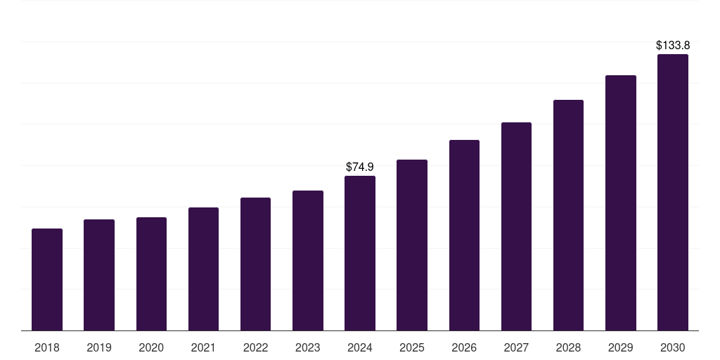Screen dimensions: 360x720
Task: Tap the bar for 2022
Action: coord(255,264)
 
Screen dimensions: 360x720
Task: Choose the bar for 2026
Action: coord(464,236)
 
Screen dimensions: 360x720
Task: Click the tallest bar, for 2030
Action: coord(672,193)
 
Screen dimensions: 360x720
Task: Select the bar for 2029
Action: coord(620,203)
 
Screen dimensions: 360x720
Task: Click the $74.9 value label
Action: coord(360,167)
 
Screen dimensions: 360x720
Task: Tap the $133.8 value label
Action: coord(672,46)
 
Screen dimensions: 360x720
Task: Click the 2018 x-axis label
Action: coord(47,347)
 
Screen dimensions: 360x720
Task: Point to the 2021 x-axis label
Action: coord(203,347)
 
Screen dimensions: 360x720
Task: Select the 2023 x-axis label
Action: coord(307,347)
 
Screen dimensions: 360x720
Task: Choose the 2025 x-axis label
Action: coord(412,347)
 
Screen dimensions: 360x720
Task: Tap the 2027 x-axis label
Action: coord(516,347)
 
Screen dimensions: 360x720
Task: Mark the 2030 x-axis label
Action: coord(672,347)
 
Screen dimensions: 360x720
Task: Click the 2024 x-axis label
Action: coord(360,347)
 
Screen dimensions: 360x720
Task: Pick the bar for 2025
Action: coord(412,245)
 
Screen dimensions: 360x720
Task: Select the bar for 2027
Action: coord(516,226)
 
